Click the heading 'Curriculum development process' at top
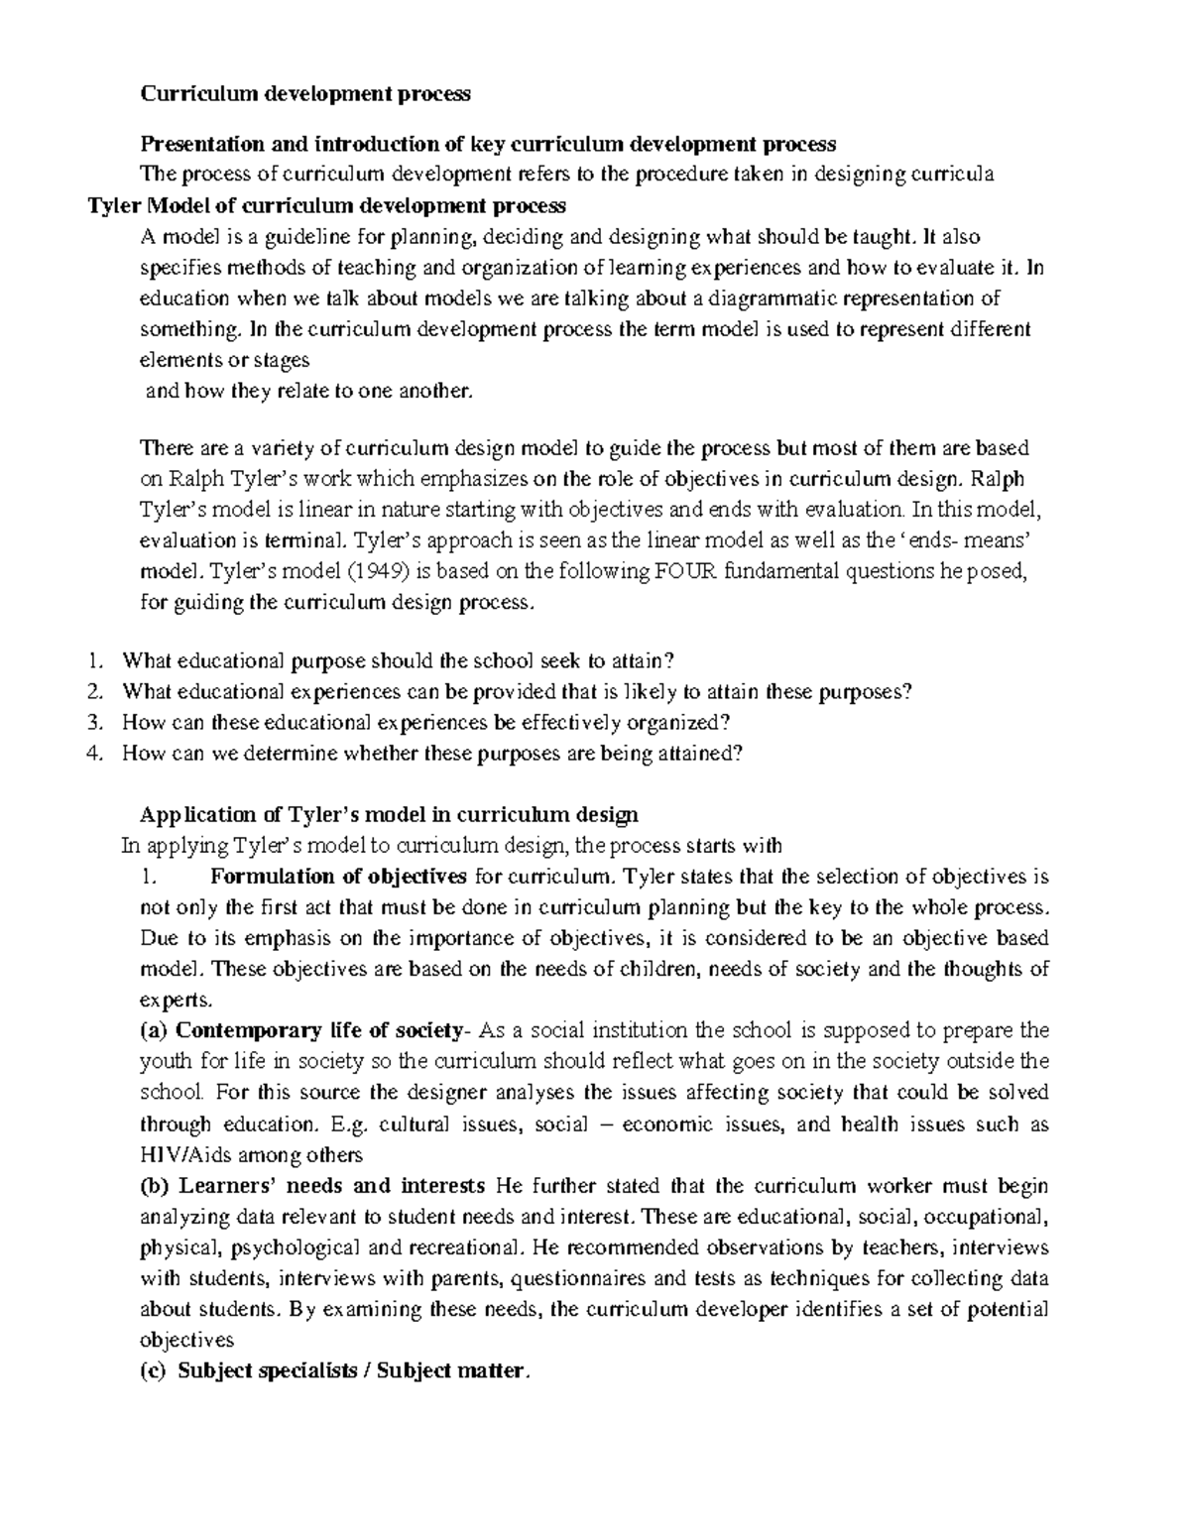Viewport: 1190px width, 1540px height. pos(304,94)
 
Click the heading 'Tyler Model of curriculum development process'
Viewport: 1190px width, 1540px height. pos(327,206)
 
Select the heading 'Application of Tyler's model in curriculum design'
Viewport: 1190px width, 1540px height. pos(389,815)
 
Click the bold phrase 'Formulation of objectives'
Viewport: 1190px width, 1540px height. pos(338,877)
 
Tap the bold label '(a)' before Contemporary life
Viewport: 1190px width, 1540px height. pos(155,1030)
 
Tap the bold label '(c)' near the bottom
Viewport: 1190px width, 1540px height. pos(155,1371)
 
